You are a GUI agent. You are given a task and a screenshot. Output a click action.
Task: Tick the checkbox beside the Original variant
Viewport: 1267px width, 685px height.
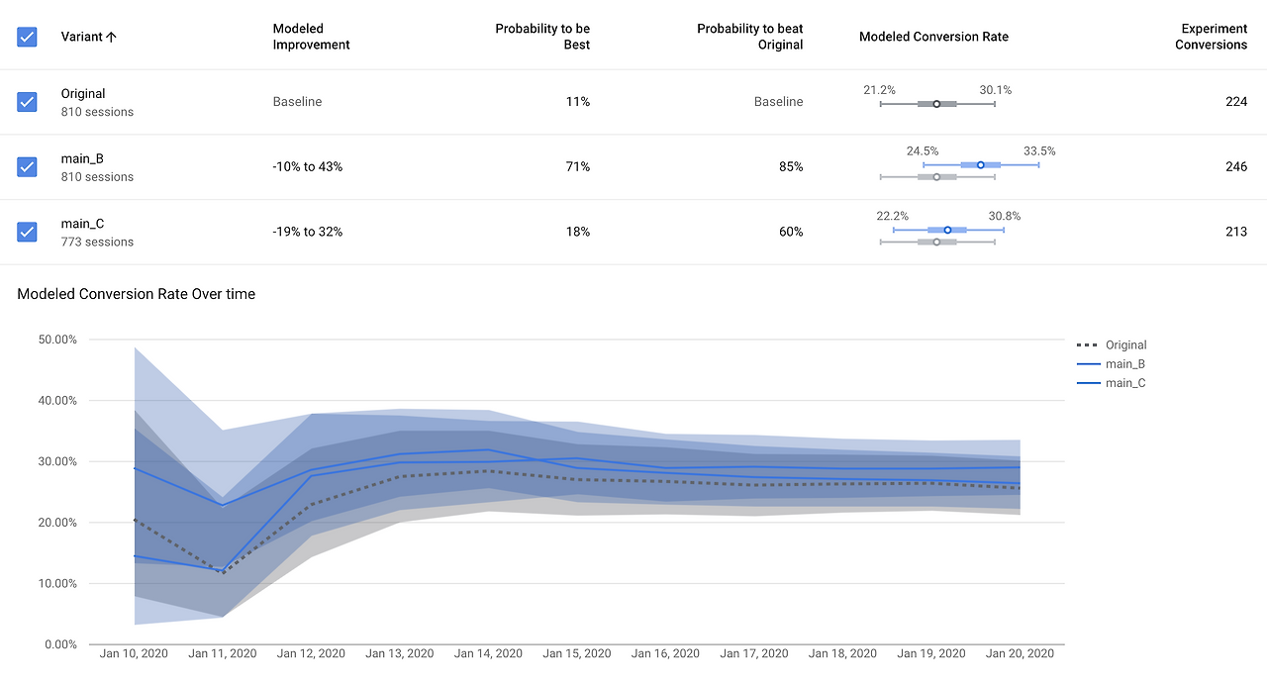click(x=27, y=102)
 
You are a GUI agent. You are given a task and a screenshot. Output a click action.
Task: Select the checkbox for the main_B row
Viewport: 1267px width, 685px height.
click(x=27, y=166)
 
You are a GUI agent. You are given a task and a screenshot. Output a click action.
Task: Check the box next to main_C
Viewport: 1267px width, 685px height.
click(x=27, y=232)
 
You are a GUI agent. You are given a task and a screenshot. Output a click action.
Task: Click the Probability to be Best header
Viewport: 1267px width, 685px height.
click(x=542, y=37)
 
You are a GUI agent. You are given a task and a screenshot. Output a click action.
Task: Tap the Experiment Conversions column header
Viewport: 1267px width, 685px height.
click(x=1211, y=37)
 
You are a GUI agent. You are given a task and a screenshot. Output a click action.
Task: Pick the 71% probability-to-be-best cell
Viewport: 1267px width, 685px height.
click(x=577, y=166)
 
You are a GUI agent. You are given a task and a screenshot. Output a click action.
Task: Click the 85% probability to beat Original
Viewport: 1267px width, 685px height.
click(x=791, y=166)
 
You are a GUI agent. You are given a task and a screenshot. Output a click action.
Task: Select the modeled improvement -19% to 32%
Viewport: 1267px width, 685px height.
click(x=308, y=232)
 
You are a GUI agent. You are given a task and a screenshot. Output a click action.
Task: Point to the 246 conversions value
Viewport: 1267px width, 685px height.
click(x=1235, y=166)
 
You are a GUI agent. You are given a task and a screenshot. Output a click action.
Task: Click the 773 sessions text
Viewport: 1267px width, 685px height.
click(x=97, y=242)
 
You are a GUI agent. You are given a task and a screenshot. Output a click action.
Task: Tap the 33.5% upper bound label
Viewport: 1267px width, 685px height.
click(x=1039, y=151)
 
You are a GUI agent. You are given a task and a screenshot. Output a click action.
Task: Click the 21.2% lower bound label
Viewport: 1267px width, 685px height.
click(x=879, y=90)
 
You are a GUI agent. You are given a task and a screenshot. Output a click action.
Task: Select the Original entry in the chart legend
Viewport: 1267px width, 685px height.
click(x=1125, y=345)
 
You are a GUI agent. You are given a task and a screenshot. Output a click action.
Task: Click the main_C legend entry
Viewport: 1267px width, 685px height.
click(x=1125, y=383)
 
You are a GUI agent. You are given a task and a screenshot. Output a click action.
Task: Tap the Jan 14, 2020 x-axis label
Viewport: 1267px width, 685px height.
click(x=488, y=653)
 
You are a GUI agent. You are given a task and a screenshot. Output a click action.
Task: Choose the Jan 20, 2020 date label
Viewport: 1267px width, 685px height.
click(x=1020, y=653)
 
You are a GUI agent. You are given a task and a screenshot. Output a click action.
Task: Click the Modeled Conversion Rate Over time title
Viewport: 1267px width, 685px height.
click(x=137, y=294)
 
